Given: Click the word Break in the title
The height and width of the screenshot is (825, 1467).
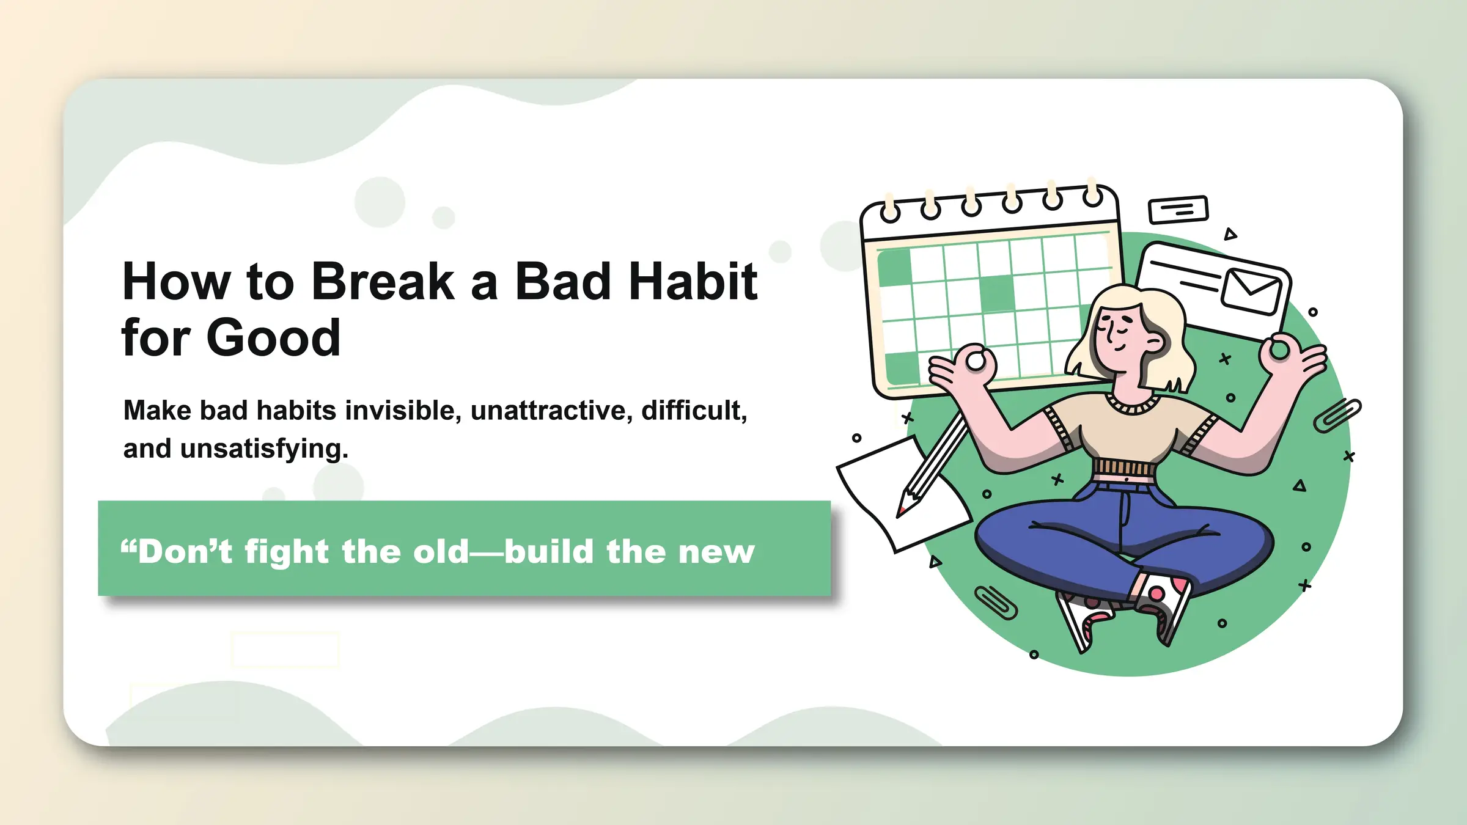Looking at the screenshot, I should (x=383, y=282).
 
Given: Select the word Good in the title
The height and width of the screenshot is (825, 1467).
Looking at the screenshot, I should (x=273, y=338).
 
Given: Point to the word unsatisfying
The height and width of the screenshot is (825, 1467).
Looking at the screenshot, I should (x=264, y=449).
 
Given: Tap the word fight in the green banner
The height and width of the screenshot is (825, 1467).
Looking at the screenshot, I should (x=287, y=552).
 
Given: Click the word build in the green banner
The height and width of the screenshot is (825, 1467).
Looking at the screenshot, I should (x=549, y=551).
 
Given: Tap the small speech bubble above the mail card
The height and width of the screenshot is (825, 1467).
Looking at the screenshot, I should (x=1178, y=210).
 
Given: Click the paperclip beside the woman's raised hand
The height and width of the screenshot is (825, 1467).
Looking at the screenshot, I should (x=1337, y=415).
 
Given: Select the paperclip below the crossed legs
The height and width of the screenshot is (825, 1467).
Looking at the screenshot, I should (x=996, y=602).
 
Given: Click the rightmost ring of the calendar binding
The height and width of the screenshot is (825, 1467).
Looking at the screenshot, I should (x=1092, y=196).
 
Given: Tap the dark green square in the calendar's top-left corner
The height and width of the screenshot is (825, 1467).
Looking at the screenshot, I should (x=894, y=267).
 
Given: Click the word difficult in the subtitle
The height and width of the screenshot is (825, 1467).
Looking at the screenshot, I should (x=693, y=410).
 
